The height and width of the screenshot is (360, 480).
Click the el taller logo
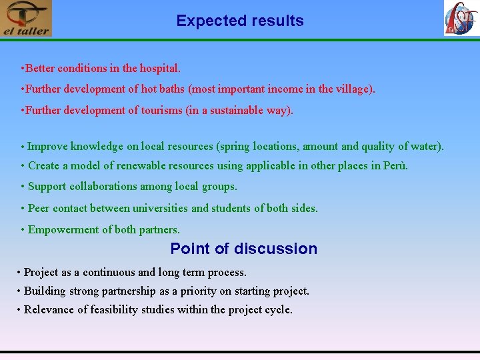(x=26, y=19)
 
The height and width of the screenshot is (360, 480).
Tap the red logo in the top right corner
(x=461, y=18)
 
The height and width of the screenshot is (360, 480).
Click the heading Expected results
(x=240, y=21)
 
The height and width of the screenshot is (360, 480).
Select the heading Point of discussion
(x=243, y=249)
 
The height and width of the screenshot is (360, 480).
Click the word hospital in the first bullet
(x=159, y=68)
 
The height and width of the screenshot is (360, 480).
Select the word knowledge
(x=97, y=146)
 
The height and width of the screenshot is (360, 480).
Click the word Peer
(x=39, y=208)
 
